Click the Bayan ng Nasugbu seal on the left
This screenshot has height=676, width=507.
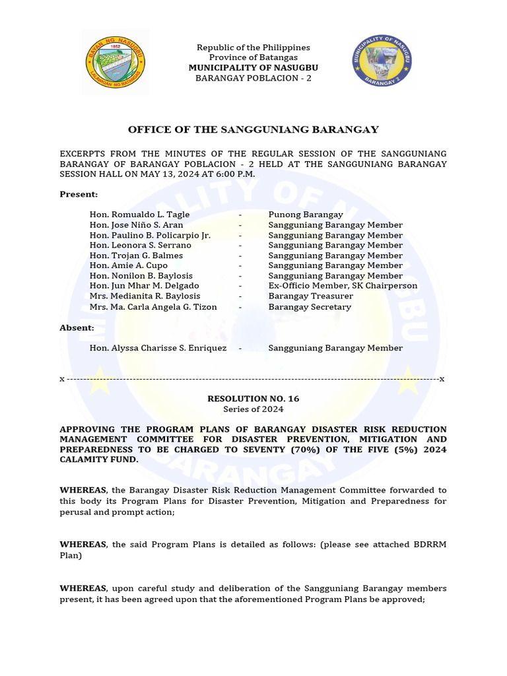[116, 62]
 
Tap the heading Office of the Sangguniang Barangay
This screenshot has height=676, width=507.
[253, 129]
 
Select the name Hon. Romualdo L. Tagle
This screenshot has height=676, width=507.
[139, 215]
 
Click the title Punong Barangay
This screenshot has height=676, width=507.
[306, 215]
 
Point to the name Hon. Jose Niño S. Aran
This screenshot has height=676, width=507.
[136, 225]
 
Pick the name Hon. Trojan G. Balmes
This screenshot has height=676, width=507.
[136, 255]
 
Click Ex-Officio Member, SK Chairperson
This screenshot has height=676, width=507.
[343, 286]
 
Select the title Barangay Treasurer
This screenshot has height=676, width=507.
[310, 296]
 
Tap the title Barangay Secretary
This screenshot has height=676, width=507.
[310, 307]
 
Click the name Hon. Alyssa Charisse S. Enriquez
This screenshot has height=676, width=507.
[158, 348]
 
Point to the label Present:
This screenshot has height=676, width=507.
[79, 194]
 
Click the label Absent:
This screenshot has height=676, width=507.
[77, 327]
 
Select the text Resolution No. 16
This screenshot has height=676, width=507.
[253, 399]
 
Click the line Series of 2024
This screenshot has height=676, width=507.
[253, 409]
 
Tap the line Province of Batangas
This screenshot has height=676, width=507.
[253, 57]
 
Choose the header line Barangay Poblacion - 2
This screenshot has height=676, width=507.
[253, 78]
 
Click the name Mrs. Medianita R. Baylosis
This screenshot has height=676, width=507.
[145, 296]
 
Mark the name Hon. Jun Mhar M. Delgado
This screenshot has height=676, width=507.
[144, 286]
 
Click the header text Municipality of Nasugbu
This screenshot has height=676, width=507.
[253, 68]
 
